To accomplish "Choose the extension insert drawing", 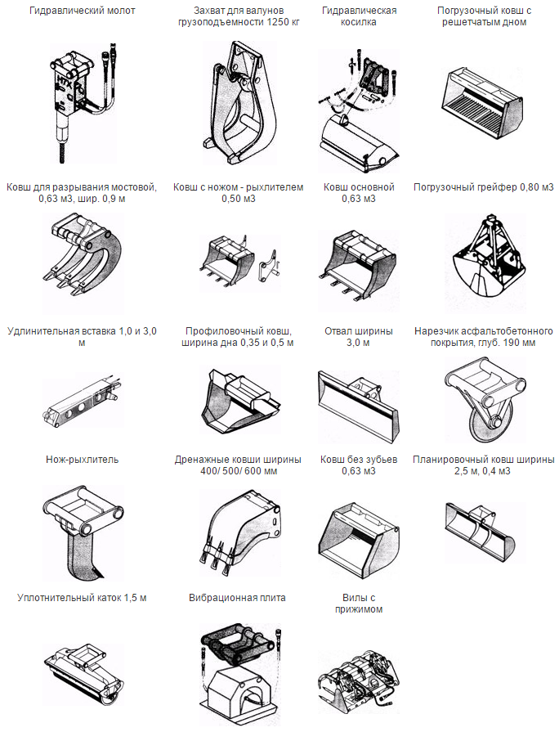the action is click(x=82, y=402).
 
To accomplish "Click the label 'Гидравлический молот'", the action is click(x=82, y=11).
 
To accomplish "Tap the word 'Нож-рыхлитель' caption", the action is click(x=82, y=460).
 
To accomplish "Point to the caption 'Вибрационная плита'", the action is click(x=237, y=598).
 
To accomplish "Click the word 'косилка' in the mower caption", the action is click(x=358, y=22).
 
